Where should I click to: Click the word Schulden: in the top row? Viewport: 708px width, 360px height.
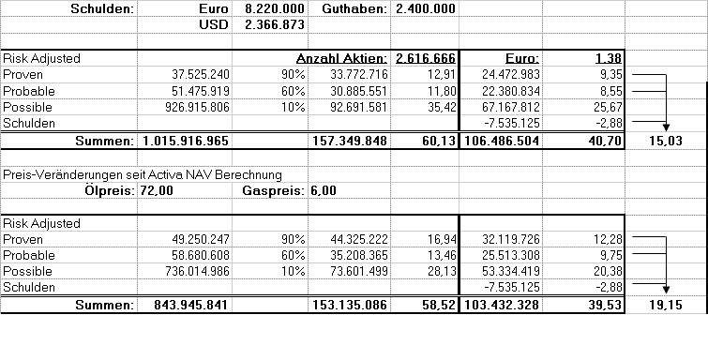[102, 8]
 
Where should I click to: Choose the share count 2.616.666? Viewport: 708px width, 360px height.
[426, 58]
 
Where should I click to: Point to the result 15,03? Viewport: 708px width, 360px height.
[660, 141]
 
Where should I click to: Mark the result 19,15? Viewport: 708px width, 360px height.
[660, 306]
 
